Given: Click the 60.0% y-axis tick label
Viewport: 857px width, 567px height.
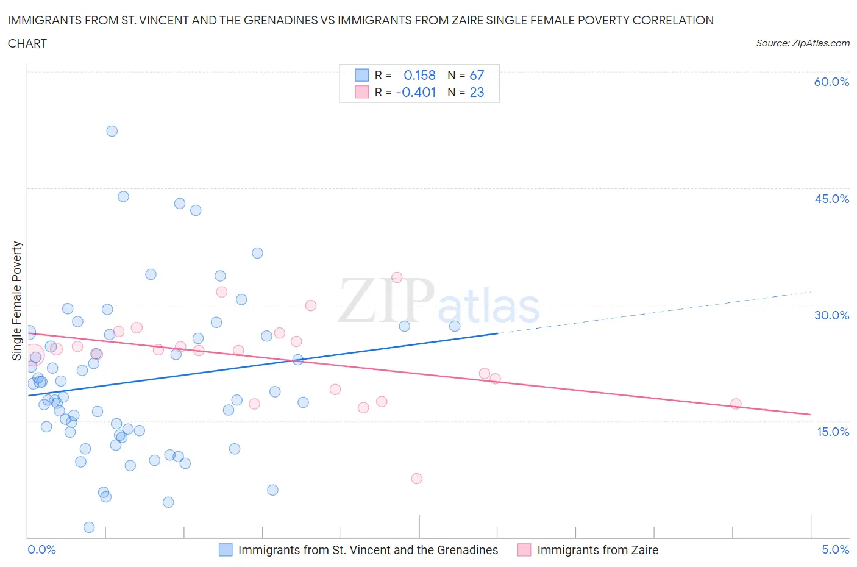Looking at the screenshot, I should (831, 82).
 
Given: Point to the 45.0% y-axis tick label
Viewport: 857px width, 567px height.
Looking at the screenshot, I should (831, 199).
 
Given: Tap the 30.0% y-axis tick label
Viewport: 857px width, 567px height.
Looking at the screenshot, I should (831, 315).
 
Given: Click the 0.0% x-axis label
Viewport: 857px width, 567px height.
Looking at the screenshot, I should (41, 549).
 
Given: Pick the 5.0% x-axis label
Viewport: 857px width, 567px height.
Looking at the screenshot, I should (835, 549).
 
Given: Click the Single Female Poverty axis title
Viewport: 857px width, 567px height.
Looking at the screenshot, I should (17, 301).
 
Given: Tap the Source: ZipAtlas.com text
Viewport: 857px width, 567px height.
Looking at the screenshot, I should (802, 43).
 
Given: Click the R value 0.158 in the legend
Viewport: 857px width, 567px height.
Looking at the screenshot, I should (419, 75).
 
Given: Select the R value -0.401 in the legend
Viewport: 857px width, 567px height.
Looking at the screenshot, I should (416, 92).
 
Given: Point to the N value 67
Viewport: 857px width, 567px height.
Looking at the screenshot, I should (477, 75).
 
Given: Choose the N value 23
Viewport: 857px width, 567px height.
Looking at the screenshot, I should (477, 92).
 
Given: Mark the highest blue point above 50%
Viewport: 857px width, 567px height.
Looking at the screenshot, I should (112, 131).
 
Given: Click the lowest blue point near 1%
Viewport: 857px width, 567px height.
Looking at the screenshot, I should (89, 527).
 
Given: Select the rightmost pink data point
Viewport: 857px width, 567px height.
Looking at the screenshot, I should (736, 404).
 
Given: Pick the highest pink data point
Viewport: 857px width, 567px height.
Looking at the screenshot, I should (397, 277).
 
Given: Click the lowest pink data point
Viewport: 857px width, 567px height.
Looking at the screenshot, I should (417, 479).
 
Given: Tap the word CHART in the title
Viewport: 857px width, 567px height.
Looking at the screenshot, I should (27, 43).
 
